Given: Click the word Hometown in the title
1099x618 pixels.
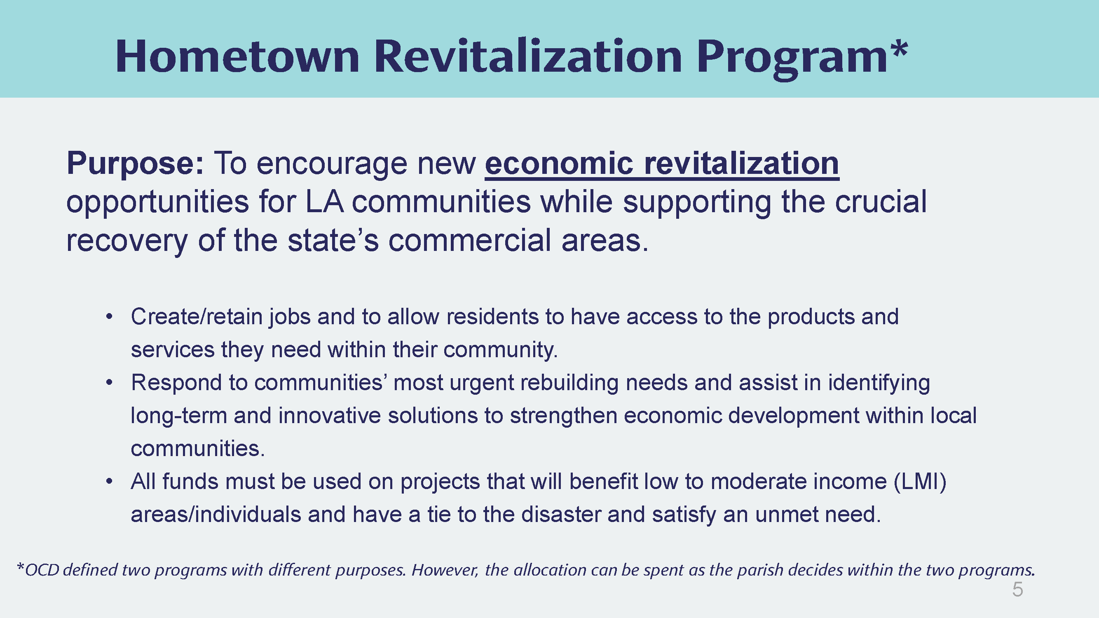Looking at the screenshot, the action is [x=238, y=57].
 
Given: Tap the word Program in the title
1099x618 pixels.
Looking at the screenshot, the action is [x=792, y=60].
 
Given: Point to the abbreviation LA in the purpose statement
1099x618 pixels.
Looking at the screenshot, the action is [x=325, y=202].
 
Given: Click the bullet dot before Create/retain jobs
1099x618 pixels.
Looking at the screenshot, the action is [x=110, y=317].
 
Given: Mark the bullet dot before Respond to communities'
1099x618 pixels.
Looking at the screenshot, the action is [x=110, y=383].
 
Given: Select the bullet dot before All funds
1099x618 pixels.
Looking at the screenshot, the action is [x=110, y=482].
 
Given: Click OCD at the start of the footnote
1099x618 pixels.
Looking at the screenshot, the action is [x=42, y=570].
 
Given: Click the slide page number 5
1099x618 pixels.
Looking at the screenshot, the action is [x=1017, y=590].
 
